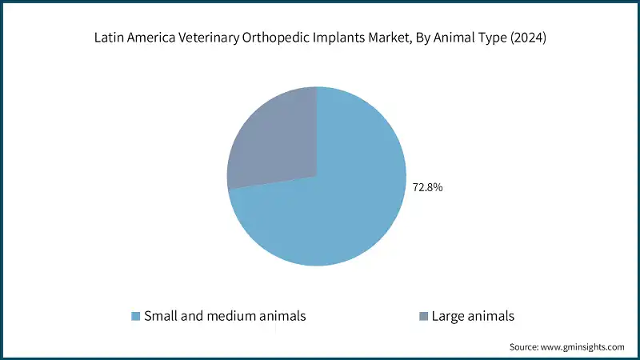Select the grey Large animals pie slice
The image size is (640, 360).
pyautogui.click(x=272, y=144)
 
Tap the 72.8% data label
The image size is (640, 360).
pyautogui.click(x=427, y=188)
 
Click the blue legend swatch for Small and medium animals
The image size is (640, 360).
pyautogui.click(x=136, y=316)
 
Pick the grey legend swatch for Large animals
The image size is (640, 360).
pyautogui.click(x=423, y=316)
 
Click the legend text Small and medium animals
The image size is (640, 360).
pyautogui.click(x=224, y=316)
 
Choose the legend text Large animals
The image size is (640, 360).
pyautogui.click(x=472, y=316)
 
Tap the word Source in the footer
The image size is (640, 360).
pyautogui.click(x=526, y=346)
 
